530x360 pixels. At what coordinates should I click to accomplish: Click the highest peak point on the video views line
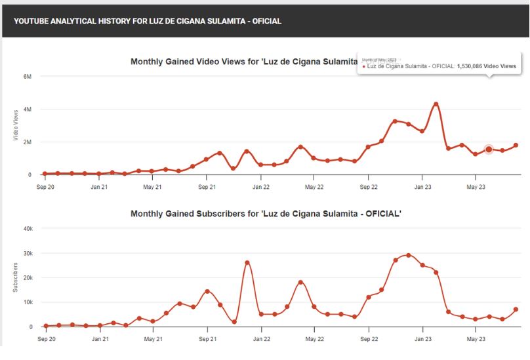point(436,104)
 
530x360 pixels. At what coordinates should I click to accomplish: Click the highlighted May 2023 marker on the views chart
point(489,150)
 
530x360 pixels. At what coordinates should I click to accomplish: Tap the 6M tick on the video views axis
point(27,77)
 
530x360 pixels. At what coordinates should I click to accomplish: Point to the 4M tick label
point(27,110)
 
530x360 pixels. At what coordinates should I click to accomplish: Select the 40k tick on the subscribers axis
point(27,229)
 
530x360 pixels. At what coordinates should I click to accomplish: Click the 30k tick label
point(27,253)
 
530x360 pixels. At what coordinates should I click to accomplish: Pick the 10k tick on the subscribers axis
point(27,302)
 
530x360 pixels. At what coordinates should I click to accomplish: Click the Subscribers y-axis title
point(16,277)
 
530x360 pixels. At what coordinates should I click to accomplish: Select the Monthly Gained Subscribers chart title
point(265,214)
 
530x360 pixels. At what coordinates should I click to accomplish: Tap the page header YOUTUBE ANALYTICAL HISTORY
point(148,21)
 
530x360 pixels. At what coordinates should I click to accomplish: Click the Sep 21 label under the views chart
point(207,187)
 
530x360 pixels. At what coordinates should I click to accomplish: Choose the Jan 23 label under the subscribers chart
point(422,339)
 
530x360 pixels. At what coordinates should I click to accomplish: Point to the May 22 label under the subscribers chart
point(314,339)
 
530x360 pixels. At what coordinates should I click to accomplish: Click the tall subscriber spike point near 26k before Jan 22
point(247,262)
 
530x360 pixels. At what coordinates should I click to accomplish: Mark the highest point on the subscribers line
point(409,255)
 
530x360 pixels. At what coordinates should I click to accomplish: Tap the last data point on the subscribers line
point(516,310)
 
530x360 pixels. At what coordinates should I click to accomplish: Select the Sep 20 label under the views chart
point(45,187)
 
